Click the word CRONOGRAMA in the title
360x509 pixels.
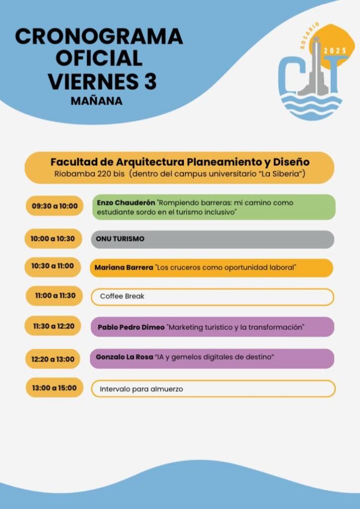click(x=99, y=37)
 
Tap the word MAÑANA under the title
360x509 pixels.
click(x=96, y=101)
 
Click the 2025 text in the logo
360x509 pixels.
click(x=335, y=51)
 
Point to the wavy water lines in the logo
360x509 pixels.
click(x=311, y=107)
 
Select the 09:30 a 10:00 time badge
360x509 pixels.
click(x=55, y=206)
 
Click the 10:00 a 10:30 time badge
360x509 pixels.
click(x=53, y=239)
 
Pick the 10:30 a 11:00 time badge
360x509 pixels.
click(x=53, y=266)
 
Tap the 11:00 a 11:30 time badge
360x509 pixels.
click(x=55, y=296)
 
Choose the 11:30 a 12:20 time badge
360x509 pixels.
click(x=53, y=327)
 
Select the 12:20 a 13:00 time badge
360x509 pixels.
click(x=53, y=359)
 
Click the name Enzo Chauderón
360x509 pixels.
click(x=126, y=203)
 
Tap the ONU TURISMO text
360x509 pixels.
click(x=120, y=239)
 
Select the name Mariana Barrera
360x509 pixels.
click(x=124, y=268)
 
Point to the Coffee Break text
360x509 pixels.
click(x=122, y=296)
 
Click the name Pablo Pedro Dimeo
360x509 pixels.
click(x=131, y=328)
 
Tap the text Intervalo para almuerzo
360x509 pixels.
click(x=141, y=389)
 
